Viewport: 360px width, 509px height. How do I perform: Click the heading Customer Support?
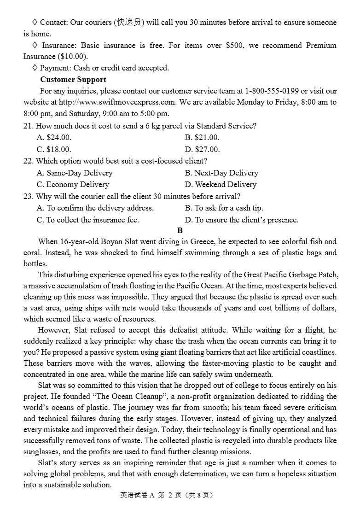73,79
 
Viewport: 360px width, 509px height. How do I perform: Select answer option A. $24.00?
54,137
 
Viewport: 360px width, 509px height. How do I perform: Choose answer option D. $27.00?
203,149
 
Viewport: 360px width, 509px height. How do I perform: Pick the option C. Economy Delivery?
73,184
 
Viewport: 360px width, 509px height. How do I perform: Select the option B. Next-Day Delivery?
221,173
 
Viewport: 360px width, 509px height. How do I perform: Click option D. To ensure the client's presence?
242,220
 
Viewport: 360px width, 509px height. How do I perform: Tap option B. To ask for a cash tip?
224,208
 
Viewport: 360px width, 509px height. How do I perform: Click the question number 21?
28,126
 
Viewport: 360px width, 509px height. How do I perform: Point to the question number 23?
28,196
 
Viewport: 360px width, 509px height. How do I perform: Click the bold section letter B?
180,230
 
